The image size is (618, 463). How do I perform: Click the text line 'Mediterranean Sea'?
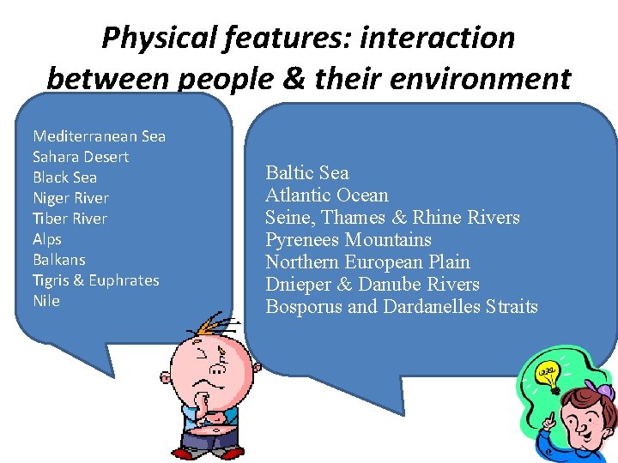pyautogui.click(x=99, y=136)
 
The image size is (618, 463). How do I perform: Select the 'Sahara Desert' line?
pyautogui.click(x=81, y=157)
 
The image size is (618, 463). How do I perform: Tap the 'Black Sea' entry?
pyautogui.click(x=64, y=177)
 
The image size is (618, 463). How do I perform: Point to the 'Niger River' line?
pyautogui.click(x=70, y=198)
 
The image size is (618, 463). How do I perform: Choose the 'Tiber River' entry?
pyautogui.click(x=70, y=219)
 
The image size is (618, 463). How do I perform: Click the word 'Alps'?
pyautogui.click(x=47, y=239)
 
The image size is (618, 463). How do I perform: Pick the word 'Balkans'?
pyautogui.click(x=59, y=260)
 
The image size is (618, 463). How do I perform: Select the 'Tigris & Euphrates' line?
pyautogui.click(x=95, y=280)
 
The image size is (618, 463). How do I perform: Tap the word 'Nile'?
pyautogui.click(x=46, y=301)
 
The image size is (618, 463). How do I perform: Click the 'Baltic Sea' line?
pyautogui.click(x=307, y=172)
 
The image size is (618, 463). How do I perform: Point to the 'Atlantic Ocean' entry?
pyautogui.click(x=327, y=195)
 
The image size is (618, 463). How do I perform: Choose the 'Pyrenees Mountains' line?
pyautogui.click(x=348, y=239)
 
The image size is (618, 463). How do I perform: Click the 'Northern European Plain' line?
pyautogui.click(x=367, y=262)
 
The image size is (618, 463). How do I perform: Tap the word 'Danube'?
pyautogui.click(x=420, y=284)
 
